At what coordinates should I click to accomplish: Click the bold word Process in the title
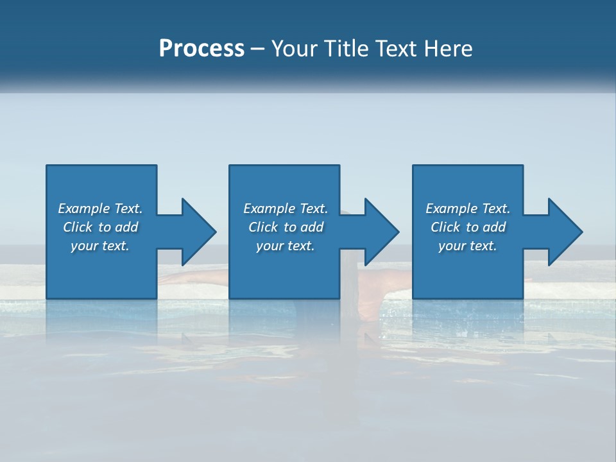201,48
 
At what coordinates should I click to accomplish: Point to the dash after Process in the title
258,49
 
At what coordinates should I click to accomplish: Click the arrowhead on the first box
199,232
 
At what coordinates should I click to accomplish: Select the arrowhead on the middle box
382,232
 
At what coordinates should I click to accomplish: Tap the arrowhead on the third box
565,232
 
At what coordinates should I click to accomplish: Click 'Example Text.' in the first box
100,209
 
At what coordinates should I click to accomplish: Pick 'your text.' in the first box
100,246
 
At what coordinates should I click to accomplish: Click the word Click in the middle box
262,227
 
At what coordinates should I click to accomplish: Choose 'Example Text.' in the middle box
286,209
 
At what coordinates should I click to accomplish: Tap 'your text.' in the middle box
286,246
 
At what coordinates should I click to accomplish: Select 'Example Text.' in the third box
468,209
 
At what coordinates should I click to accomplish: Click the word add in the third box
494,227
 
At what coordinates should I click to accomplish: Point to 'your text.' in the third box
468,246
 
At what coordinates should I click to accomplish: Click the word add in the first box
126,227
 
